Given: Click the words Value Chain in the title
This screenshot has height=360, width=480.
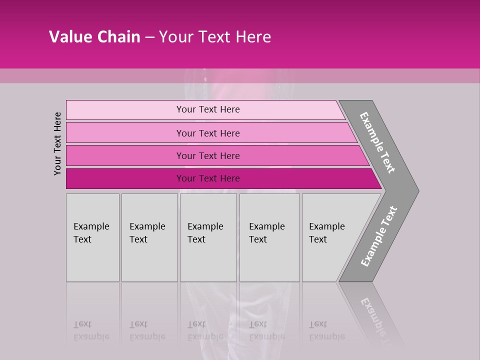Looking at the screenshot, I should coord(94,37).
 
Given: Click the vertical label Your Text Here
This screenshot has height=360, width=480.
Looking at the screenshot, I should coord(57,143).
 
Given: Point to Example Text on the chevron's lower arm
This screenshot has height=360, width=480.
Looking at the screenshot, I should coord(379,236).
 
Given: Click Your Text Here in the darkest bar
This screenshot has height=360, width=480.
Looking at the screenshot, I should coord(208,178).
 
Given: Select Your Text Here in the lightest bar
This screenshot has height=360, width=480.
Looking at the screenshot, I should coord(208,109).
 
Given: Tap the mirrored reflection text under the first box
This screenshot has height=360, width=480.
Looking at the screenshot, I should coord(91,330).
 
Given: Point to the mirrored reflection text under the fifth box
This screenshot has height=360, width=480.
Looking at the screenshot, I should coord(326,330).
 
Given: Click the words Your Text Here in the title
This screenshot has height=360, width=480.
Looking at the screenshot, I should coord(215,37).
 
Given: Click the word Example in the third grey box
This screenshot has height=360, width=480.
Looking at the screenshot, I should coord(205,226).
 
